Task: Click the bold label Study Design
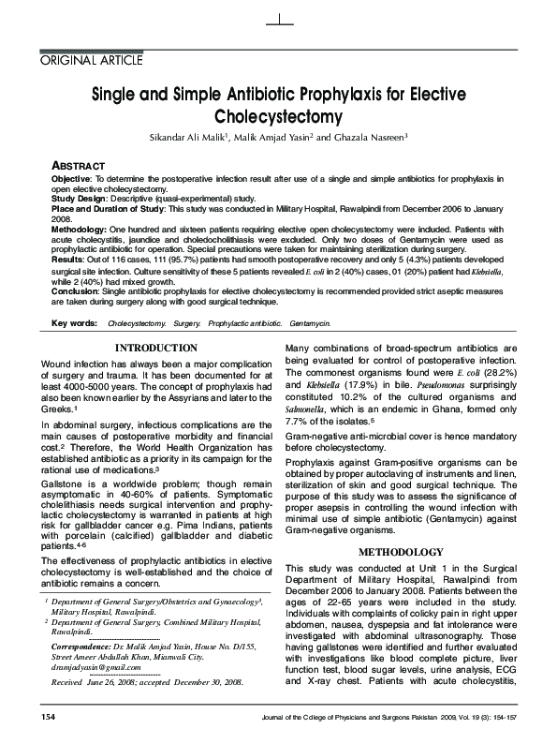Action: click(x=81, y=198)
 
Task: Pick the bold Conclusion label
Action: click(x=77, y=291)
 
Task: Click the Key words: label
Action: click(x=74, y=323)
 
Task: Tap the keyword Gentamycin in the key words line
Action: click(x=310, y=323)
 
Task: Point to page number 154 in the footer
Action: click(x=49, y=717)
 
